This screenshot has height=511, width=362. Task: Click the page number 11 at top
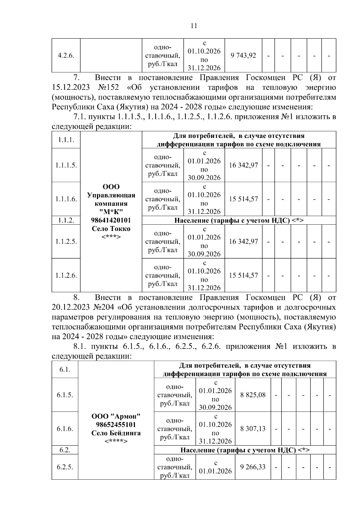pyautogui.click(x=194, y=26)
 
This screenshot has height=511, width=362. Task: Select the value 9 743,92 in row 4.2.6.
pyautogui.click(x=243, y=55)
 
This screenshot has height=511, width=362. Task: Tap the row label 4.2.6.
pyautogui.click(x=66, y=56)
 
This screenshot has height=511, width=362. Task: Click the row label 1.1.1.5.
pyautogui.click(x=66, y=165)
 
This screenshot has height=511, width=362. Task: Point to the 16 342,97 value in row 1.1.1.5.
pyautogui.click(x=243, y=165)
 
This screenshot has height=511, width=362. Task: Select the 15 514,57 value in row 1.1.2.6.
pyautogui.click(x=243, y=275)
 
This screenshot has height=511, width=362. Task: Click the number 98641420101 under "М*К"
pyautogui.click(x=111, y=220)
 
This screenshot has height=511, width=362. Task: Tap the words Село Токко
pyautogui.click(x=111, y=229)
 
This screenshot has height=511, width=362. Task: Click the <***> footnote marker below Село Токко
pyautogui.click(x=111, y=237)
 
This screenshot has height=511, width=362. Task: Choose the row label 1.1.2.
pyautogui.click(x=66, y=220)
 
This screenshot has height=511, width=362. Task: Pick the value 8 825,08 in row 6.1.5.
pyautogui.click(x=253, y=395)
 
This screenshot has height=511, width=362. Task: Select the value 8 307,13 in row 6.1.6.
pyautogui.click(x=253, y=428)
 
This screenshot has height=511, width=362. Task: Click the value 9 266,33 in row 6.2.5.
pyautogui.click(x=253, y=467)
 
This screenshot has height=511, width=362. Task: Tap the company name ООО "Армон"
pyautogui.click(x=116, y=416)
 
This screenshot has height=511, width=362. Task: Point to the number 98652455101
pyautogui.click(x=116, y=425)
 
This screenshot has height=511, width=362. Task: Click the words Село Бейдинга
pyautogui.click(x=116, y=433)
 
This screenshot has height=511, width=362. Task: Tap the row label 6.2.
pyautogui.click(x=65, y=450)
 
